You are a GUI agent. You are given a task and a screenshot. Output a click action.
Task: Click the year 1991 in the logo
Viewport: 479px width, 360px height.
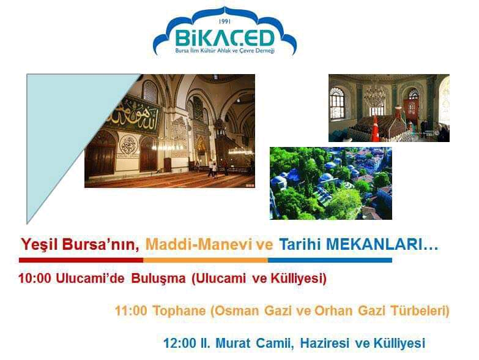tap(225, 21)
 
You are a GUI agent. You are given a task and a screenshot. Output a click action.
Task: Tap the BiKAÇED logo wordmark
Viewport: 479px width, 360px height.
tap(225, 38)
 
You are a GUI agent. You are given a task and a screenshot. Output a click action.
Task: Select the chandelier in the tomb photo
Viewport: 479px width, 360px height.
tap(374, 94)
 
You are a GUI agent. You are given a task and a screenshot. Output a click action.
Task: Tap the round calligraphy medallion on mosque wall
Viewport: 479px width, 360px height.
tap(128, 145)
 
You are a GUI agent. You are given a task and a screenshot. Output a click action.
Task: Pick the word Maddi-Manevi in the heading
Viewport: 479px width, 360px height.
tap(199, 245)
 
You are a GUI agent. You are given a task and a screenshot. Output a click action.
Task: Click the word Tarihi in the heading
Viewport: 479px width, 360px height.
tap(300, 245)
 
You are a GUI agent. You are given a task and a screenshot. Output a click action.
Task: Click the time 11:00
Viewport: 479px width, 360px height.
tap(131, 311)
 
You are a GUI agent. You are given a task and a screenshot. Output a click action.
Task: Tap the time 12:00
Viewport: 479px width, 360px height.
tap(179, 343)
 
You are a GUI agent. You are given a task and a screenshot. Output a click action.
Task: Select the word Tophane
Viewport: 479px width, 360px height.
tap(179, 312)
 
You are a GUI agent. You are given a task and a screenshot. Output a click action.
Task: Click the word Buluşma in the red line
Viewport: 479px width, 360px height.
tap(158, 279)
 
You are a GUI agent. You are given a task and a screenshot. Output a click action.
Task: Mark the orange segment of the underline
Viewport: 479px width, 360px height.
tap(206, 260)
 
